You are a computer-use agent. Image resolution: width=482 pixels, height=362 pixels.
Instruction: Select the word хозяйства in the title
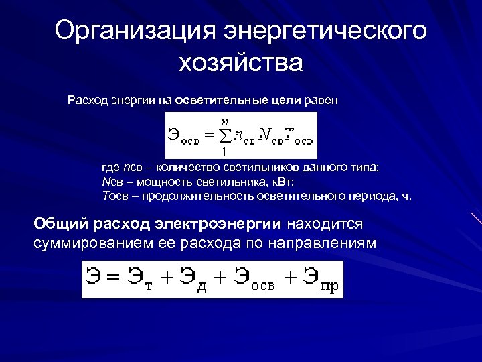click(241, 64)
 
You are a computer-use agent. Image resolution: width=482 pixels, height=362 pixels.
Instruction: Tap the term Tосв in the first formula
click(298, 136)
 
